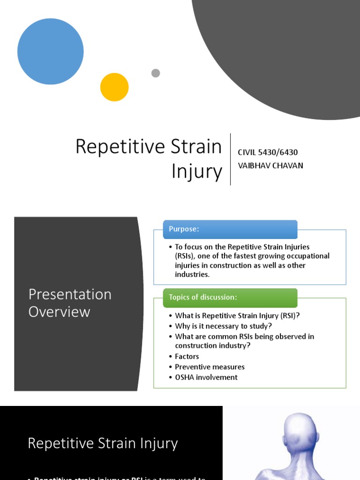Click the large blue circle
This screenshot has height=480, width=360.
(x=51, y=52)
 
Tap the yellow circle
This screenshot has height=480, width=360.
(x=114, y=87)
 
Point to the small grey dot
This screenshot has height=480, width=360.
(x=156, y=73)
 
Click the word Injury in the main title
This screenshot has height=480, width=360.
(x=196, y=171)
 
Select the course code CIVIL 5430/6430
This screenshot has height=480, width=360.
(x=268, y=152)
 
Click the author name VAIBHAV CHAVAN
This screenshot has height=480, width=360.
(x=270, y=165)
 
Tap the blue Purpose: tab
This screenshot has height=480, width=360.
(x=230, y=229)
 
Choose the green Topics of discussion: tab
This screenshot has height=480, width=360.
(x=230, y=298)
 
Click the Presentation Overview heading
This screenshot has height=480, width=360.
(x=70, y=303)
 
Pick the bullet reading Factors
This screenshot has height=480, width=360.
(x=187, y=357)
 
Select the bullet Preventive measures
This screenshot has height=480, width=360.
(x=210, y=367)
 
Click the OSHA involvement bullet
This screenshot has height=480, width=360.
(x=206, y=377)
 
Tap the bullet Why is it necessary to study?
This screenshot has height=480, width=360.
(x=223, y=326)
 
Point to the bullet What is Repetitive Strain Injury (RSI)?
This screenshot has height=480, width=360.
(x=237, y=316)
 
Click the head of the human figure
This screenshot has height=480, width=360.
(x=300, y=431)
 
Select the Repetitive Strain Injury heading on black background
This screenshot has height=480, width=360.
(x=103, y=443)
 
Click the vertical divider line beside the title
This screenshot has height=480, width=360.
(x=230, y=159)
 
